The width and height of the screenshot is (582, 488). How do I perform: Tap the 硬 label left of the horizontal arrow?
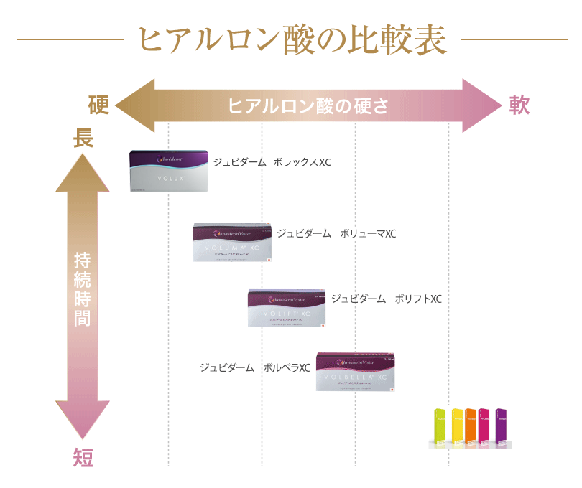[98, 105]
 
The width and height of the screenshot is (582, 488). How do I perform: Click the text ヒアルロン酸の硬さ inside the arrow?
[308, 106]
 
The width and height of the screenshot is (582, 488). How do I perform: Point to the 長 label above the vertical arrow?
[83, 139]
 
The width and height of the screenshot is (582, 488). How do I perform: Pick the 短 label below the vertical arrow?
[83, 457]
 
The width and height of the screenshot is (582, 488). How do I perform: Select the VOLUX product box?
[169, 170]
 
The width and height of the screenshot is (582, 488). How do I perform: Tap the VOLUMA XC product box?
[231, 242]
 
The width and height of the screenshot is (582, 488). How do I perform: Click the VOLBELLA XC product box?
[356, 372]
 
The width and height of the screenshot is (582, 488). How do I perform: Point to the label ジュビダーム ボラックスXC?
[272, 163]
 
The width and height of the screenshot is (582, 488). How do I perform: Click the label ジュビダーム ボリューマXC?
[336, 234]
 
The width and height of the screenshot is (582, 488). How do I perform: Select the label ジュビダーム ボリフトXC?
[387, 299]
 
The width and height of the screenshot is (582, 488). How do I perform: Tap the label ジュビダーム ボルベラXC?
[254, 367]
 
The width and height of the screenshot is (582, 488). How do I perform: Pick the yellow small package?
[457, 428]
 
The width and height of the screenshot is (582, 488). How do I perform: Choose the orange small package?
[471, 428]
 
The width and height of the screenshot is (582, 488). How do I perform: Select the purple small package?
[501, 428]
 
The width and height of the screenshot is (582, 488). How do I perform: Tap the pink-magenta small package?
[484, 428]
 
